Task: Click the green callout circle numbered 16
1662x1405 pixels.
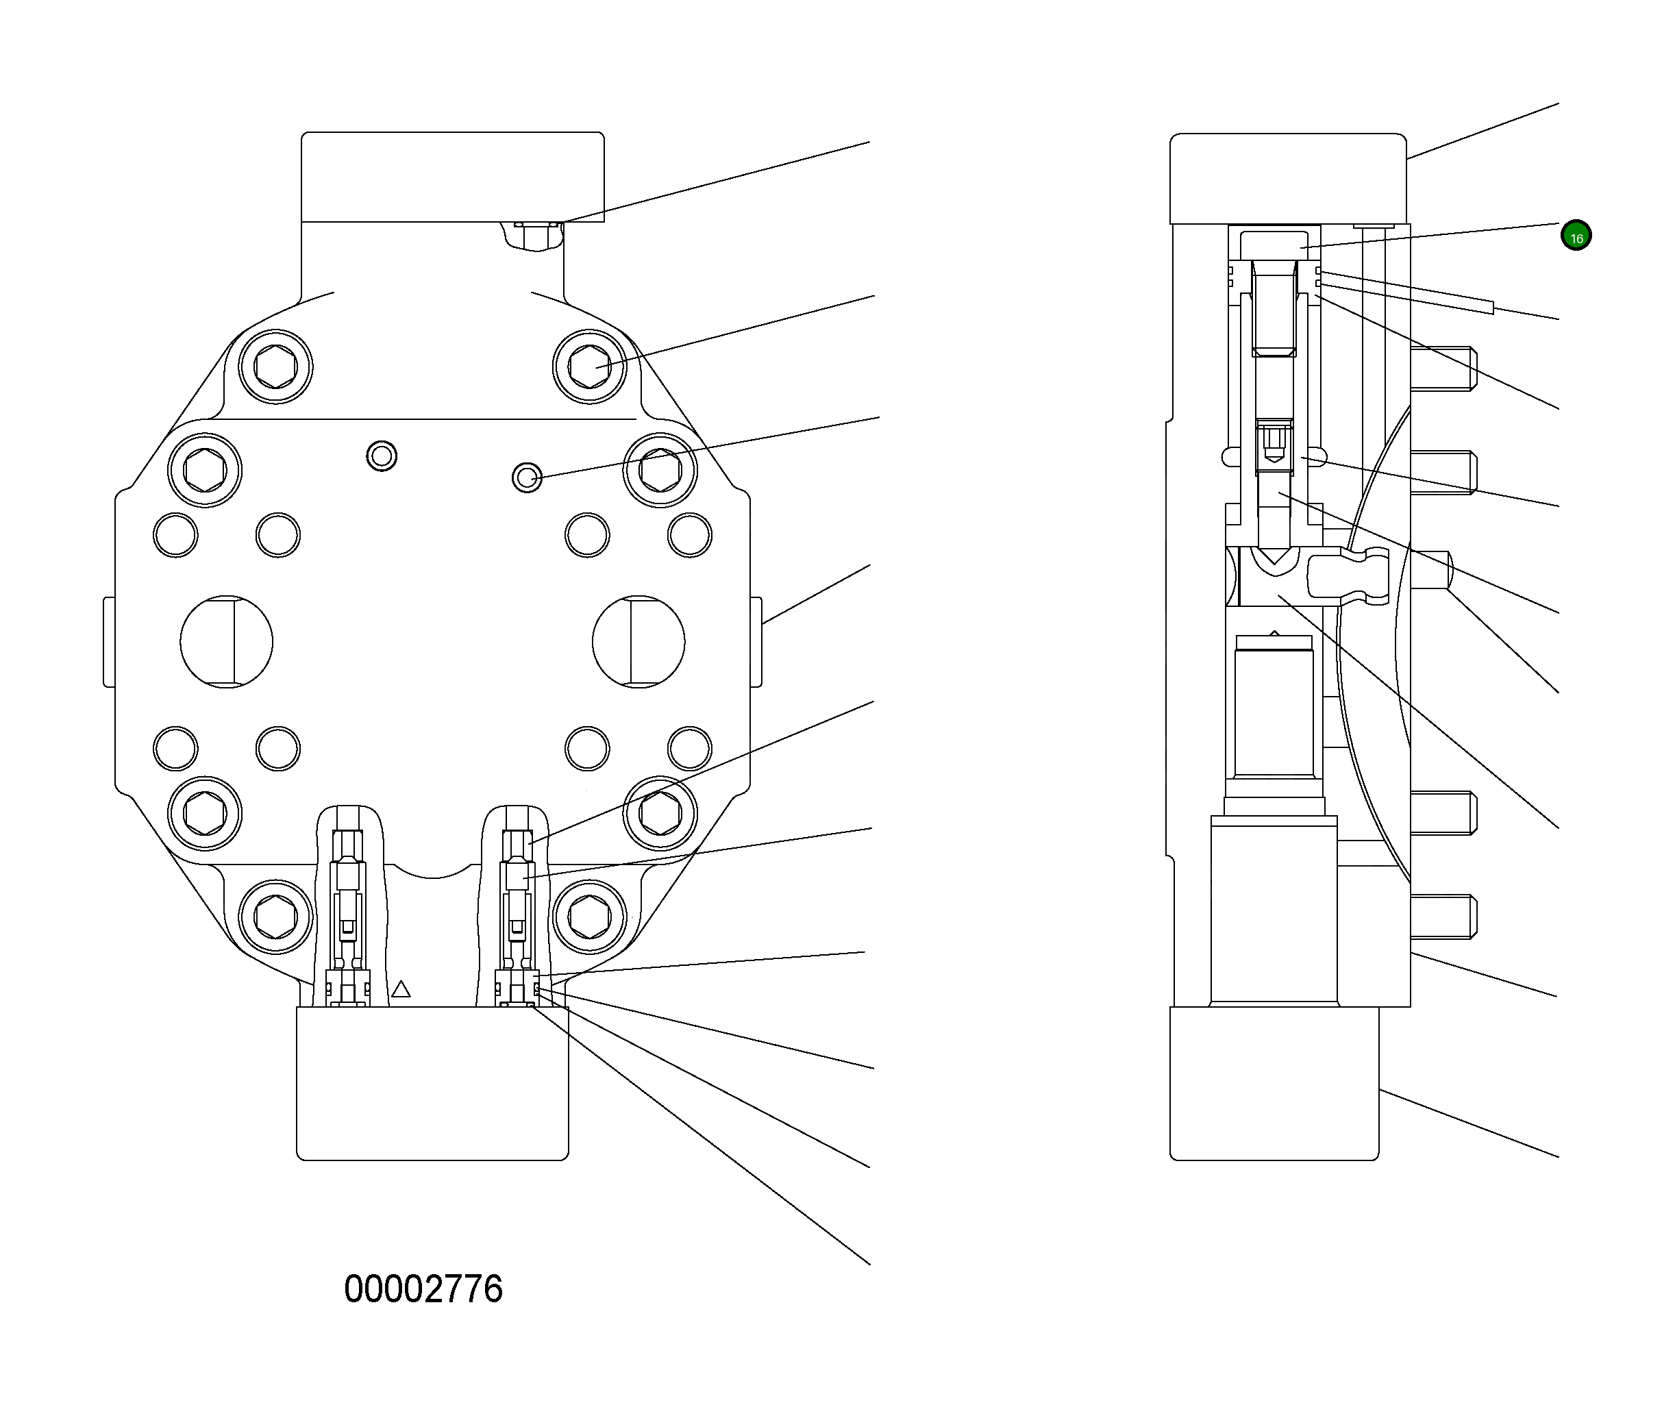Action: pos(1575,236)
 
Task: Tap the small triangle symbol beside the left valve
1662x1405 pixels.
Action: pos(401,989)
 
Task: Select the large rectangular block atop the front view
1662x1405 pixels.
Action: pos(452,177)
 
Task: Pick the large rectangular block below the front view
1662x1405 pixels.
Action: pos(432,1083)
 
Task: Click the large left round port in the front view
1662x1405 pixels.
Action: pos(226,641)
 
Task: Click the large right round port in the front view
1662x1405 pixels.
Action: pos(638,641)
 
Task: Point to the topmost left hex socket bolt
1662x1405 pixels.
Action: pos(275,367)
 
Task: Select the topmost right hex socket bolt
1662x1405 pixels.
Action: pos(589,367)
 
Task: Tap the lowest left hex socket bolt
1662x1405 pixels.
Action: pos(275,917)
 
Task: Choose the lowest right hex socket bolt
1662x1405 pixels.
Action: pos(589,917)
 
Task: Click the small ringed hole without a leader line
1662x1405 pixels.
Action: pos(382,456)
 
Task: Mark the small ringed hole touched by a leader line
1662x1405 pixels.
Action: pos(526,478)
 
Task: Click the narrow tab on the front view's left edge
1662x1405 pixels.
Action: pos(109,642)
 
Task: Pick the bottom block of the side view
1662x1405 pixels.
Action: pos(1274,1083)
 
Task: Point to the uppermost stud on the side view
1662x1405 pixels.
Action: pos(1443,369)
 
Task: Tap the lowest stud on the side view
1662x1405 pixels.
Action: pos(1443,917)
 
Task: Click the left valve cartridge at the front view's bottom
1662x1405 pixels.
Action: pos(348,908)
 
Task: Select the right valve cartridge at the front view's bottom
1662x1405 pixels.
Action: pos(517,908)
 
